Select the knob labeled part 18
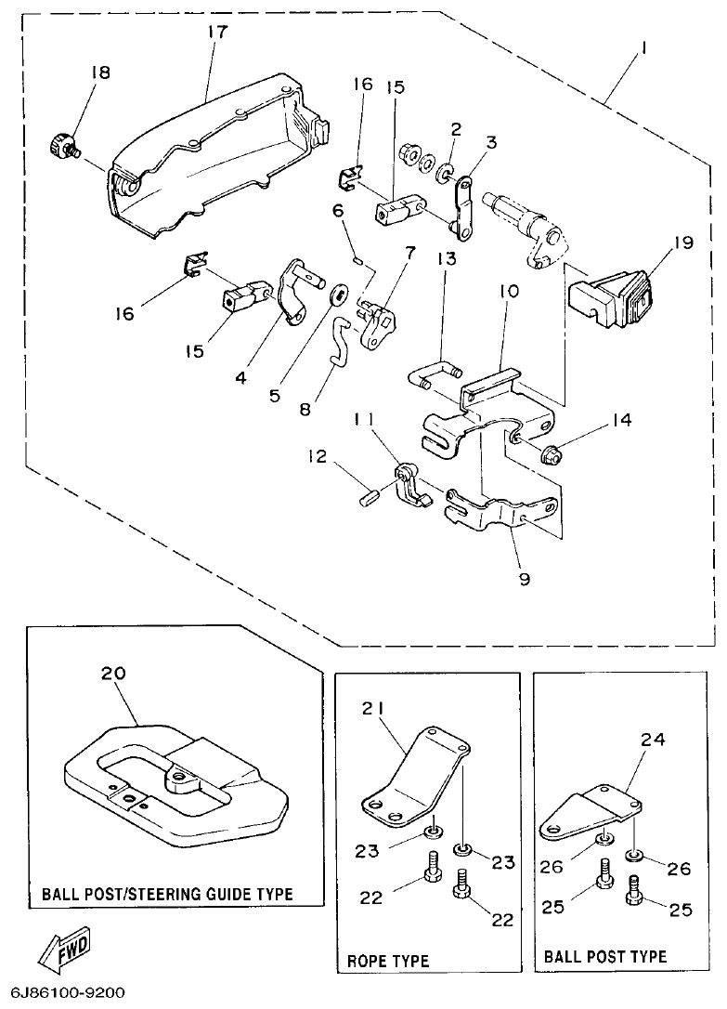pyautogui.click(x=63, y=146)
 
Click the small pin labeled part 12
pyautogui.click(x=367, y=497)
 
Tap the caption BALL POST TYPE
pyautogui.click(x=604, y=956)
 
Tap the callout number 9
pyautogui.click(x=525, y=579)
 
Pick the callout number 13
pyautogui.click(x=447, y=259)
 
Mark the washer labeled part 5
pyautogui.click(x=340, y=296)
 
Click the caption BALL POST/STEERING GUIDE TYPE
pyautogui.click(x=167, y=895)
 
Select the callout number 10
pyautogui.click(x=510, y=291)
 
